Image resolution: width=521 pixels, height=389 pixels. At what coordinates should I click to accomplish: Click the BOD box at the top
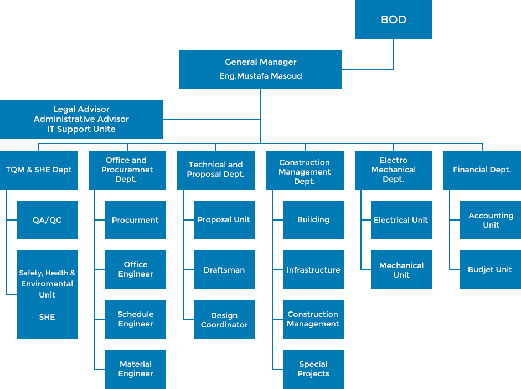(x=394, y=20)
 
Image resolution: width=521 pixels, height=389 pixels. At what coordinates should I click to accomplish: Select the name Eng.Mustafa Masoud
(x=260, y=76)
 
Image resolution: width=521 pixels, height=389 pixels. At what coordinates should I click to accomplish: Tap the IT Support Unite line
(x=81, y=129)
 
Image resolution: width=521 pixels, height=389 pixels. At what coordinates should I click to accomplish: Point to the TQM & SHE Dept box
(x=39, y=170)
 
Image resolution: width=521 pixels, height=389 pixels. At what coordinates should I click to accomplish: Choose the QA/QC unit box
(x=47, y=220)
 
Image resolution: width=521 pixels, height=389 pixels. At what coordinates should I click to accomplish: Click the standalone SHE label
(x=47, y=318)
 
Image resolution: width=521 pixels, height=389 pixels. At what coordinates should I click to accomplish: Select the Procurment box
(x=135, y=220)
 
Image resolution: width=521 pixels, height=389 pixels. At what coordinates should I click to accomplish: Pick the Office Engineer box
(x=135, y=269)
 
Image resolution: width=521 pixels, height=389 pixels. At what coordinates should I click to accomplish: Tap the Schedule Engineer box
(x=135, y=319)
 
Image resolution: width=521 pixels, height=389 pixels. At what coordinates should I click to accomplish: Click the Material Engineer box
(x=135, y=369)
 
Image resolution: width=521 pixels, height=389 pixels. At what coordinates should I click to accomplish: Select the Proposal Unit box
(x=224, y=220)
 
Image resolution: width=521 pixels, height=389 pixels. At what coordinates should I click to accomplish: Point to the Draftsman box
(x=224, y=270)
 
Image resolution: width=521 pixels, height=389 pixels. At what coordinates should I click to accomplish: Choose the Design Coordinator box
(x=224, y=320)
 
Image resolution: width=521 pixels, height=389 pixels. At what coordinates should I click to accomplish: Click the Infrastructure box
(x=313, y=270)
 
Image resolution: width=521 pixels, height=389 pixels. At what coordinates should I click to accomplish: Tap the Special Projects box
(x=313, y=369)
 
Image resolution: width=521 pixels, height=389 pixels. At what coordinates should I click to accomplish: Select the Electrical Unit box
(x=401, y=220)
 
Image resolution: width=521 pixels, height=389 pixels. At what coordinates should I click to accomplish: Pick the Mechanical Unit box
(x=401, y=270)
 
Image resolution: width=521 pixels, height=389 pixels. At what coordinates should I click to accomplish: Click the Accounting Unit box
(x=491, y=220)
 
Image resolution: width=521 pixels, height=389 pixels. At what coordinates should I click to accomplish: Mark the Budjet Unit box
(x=490, y=269)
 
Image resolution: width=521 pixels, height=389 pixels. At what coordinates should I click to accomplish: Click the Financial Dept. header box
(x=482, y=170)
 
